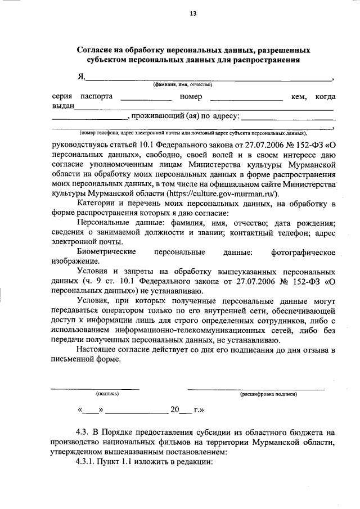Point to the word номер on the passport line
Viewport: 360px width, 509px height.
(x=191, y=97)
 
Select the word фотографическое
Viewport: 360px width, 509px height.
(x=303, y=253)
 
